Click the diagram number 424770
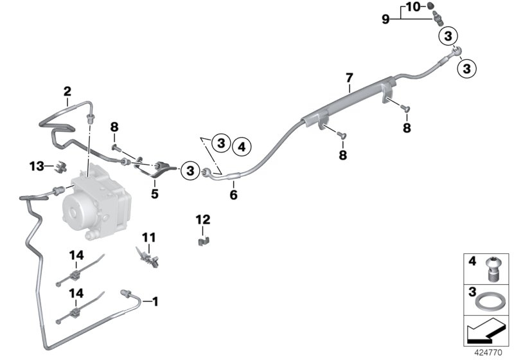pyautogui.click(x=488, y=353)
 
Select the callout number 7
pyautogui.click(x=350, y=78)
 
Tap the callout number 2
pyautogui.click(x=67, y=91)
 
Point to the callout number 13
pyautogui.click(x=37, y=166)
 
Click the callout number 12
pyautogui.click(x=203, y=219)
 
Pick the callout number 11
pyautogui.click(x=149, y=237)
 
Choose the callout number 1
pyautogui.click(x=155, y=301)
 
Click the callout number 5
pyautogui.click(x=155, y=194)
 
